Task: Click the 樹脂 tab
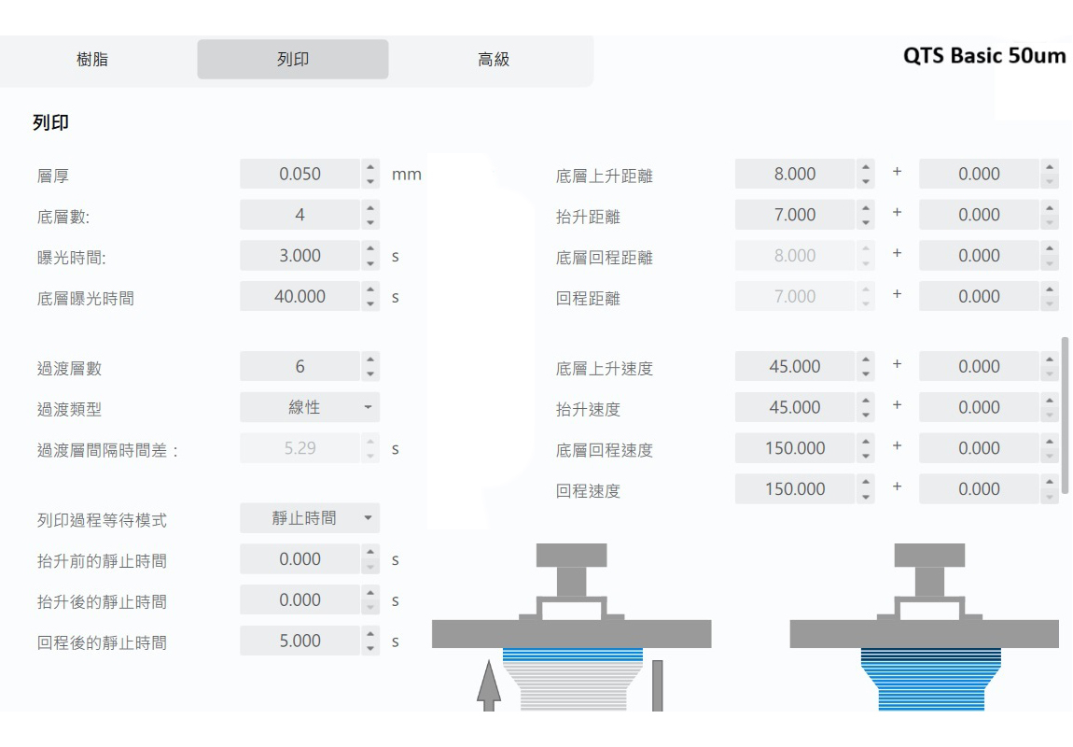click(x=92, y=60)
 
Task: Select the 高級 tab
click(x=494, y=60)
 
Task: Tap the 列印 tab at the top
click(x=293, y=60)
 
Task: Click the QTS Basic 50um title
click(x=984, y=55)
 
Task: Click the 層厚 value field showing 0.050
click(x=300, y=174)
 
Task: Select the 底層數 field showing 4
click(x=300, y=215)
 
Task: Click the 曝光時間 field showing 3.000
click(x=300, y=256)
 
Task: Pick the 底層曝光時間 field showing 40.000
click(x=300, y=297)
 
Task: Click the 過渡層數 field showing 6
click(x=300, y=366)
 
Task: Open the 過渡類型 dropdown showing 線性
click(x=310, y=407)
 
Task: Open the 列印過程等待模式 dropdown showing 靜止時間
click(x=310, y=518)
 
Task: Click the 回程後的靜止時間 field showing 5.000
click(x=300, y=641)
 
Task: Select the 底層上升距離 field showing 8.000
click(x=794, y=174)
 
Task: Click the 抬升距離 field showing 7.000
click(x=794, y=215)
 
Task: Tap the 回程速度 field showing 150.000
click(x=794, y=489)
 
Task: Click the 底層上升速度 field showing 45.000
click(x=794, y=366)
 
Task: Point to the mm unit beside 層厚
click(x=407, y=176)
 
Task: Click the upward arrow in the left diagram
click(x=489, y=685)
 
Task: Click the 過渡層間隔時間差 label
click(x=107, y=450)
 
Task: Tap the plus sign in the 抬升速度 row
click(x=897, y=405)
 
